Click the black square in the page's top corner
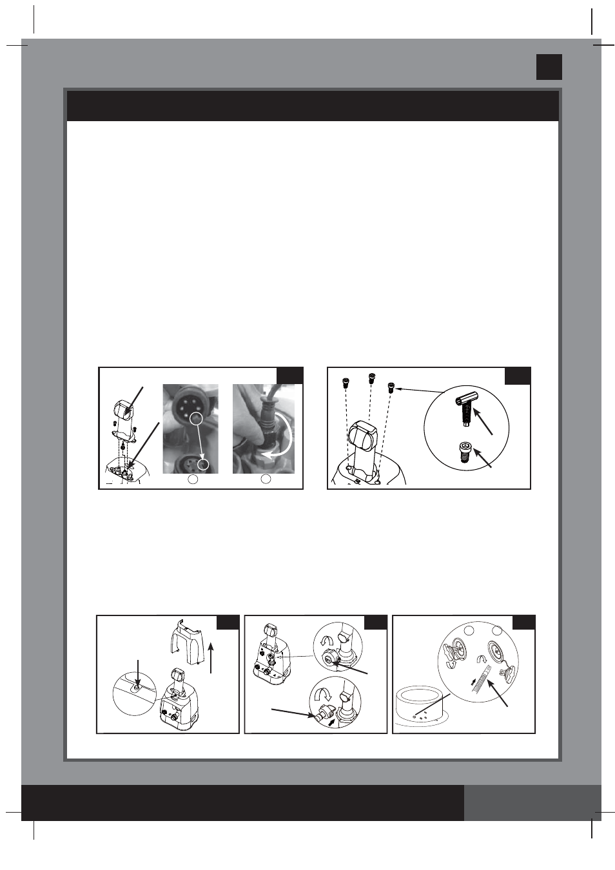click(549, 67)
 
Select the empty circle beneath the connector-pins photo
click(193, 479)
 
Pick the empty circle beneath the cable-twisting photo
click(266, 479)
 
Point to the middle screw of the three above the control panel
click(371, 378)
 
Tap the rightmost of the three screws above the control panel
click(391, 387)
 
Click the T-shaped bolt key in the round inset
click(465, 407)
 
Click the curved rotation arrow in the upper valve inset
click(326, 639)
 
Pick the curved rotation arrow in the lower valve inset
click(323, 695)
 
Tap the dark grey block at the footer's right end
click(532, 802)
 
